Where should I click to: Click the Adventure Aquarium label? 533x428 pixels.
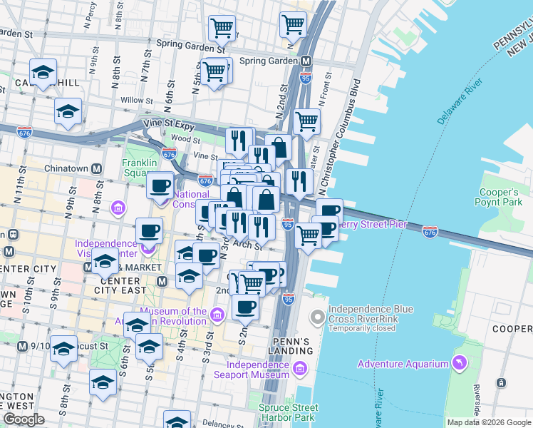403,364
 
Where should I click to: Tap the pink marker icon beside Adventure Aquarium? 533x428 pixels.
459,363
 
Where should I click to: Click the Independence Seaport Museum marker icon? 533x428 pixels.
299,369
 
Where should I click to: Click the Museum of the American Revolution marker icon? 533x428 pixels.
217,312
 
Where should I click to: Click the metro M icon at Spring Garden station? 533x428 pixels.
306,61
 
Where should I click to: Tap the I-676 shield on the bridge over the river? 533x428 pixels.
430,232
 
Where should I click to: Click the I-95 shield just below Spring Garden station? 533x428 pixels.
306,77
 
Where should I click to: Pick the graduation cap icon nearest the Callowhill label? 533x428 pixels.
43,72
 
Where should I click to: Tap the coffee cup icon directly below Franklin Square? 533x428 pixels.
160,186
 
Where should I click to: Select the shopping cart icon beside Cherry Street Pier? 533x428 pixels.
309,235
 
